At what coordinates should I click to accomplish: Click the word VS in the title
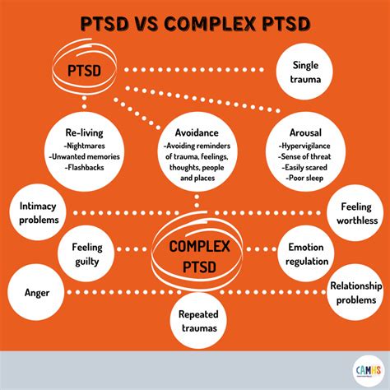click(x=151, y=22)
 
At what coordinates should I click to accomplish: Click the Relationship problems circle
click(x=356, y=293)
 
